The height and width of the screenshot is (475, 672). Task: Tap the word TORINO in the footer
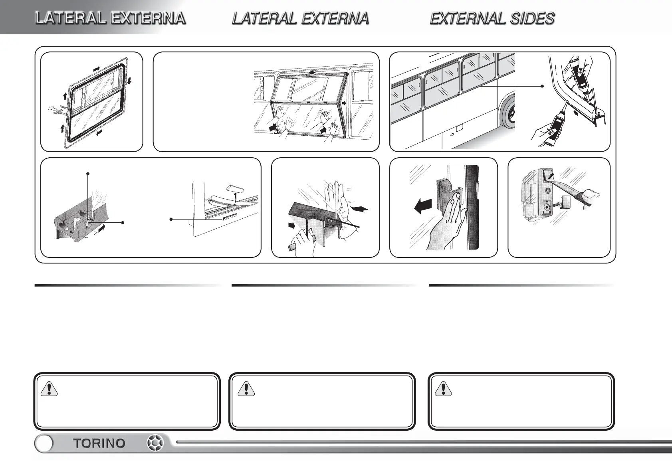(x=99, y=443)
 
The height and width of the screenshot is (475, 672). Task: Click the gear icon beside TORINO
(x=155, y=443)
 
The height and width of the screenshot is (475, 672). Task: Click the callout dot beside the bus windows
(x=542, y=86)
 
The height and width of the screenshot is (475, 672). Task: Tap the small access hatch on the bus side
(x=460, y=128)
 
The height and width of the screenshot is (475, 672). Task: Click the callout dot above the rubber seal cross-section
(x=88, y=174)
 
